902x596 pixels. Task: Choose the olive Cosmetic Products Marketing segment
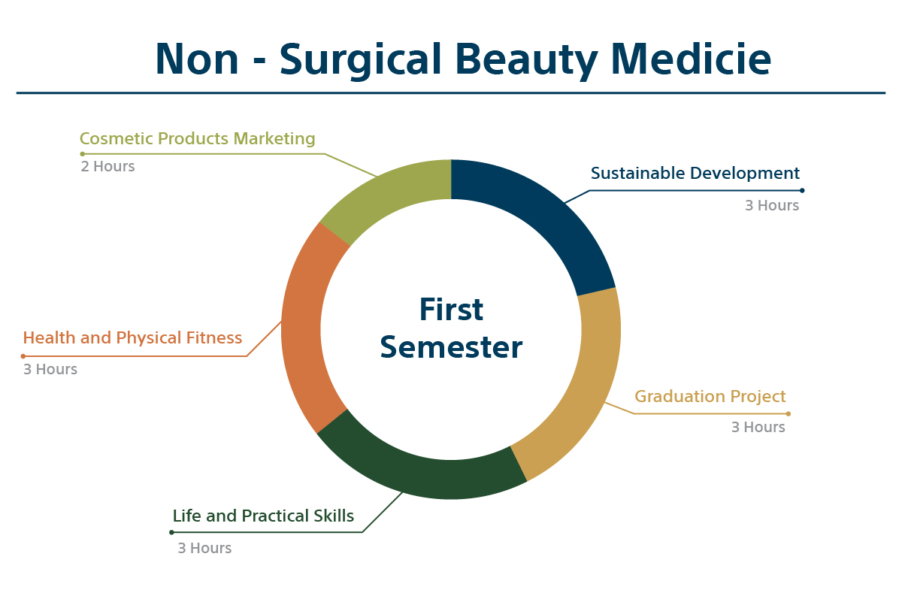(x=383, y=193)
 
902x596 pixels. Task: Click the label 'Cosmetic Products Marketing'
(x=197, y=138)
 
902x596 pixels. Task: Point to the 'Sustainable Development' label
(x=695, y=173)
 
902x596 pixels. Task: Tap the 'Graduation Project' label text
(x=710, y=397)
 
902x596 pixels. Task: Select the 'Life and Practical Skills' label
(x=263, y=516)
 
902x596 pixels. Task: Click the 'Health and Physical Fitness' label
(x=132, y=338)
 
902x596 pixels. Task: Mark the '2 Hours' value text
(x=107, y=166)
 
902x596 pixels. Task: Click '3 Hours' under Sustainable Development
(x=772, y=205)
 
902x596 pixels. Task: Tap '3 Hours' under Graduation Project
(x=758, y=427)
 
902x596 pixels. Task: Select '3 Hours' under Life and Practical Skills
(x=204, y=548)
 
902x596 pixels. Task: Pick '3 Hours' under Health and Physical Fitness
(x=50, y=369)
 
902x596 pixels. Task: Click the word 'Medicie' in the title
(x=691, y=59)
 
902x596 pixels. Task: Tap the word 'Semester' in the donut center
(x=451, y=347)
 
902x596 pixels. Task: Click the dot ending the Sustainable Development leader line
(x=802, y=190)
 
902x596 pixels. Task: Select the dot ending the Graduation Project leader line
(x=788, y=413)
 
